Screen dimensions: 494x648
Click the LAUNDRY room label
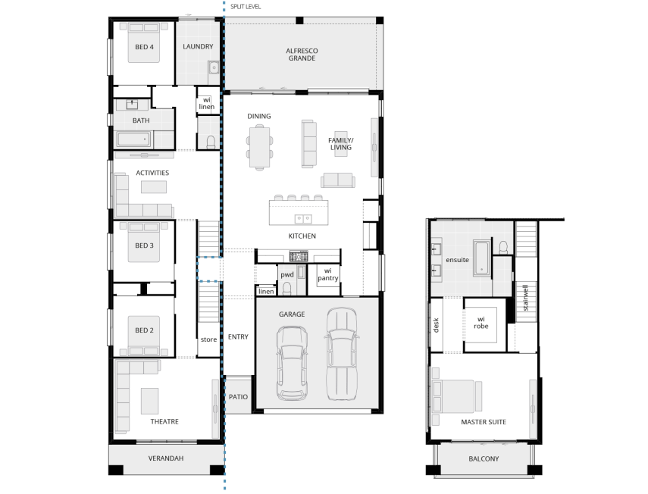(198, 46)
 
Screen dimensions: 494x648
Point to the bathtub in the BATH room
(134, 139)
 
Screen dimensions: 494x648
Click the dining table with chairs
(258, 145)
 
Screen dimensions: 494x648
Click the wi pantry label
(327, 274)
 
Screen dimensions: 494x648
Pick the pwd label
(286, 275)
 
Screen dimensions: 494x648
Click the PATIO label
(238, 397)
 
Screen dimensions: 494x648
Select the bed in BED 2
(144, 335)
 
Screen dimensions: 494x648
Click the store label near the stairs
(208, 339)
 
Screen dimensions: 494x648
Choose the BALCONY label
(484, 458)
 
